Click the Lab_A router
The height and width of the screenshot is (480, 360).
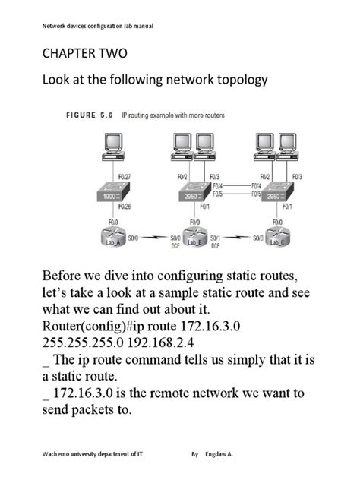tap(112, 241)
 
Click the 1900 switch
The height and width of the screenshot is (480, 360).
tap(112, 197)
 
